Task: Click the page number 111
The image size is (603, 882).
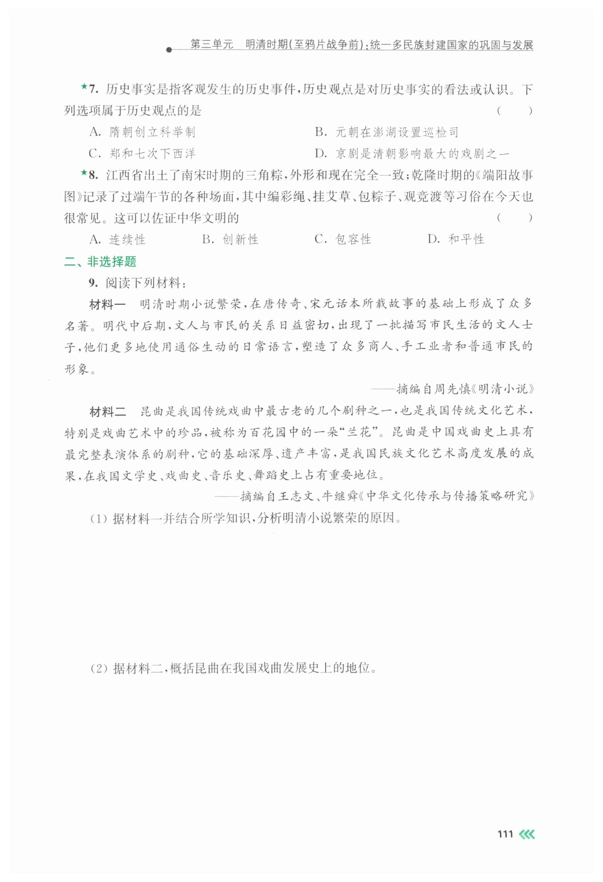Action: pos(505,834)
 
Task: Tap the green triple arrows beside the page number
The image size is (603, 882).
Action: pos(527,834)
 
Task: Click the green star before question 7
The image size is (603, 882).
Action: pos(84,87)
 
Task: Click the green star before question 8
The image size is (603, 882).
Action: pos(84,172)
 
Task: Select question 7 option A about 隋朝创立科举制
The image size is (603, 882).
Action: pos(142,132)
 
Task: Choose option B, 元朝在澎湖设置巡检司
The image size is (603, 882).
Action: pos(386,132)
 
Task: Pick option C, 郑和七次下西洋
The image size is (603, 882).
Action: pos(142,154)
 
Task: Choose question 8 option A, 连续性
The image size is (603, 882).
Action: pos(117,239)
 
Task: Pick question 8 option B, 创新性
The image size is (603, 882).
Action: pos(230,239)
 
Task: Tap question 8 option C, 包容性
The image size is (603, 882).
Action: pos(343,239)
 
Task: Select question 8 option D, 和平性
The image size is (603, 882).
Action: pos(456,239)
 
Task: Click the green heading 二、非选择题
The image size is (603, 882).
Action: pos(100,262)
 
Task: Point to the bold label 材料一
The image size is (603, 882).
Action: pos(107,305)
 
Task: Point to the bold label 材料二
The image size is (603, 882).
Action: pos(107,412)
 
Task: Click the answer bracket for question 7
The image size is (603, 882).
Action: pos(515,111)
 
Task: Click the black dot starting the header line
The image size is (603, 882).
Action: pos(169,50)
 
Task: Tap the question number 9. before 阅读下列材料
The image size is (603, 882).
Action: pos(93,283)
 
